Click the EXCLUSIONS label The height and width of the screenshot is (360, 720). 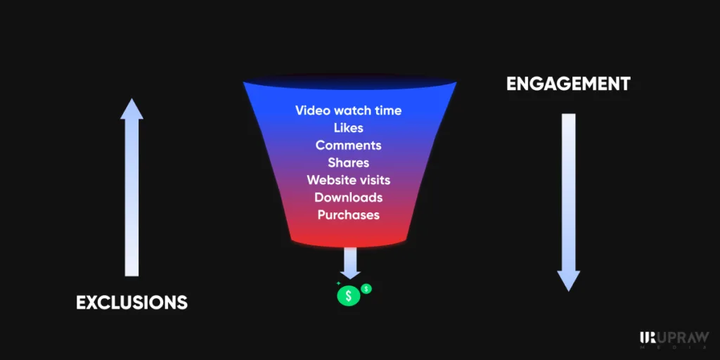131,302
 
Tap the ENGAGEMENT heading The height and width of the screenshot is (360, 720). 568,84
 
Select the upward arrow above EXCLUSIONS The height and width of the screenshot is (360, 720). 131,187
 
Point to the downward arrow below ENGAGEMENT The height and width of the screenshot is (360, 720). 568,202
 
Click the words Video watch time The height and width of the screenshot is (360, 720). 349,110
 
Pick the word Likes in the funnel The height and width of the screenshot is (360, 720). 349,128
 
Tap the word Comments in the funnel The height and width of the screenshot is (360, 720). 349,145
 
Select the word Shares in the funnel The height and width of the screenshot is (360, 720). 349,162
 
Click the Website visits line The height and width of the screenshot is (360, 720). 349,179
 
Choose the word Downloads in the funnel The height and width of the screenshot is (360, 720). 349,197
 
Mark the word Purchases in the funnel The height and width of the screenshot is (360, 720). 349,214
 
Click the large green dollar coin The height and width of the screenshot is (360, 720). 349,295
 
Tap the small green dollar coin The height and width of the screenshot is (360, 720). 366,289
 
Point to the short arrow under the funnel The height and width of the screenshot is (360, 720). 350,263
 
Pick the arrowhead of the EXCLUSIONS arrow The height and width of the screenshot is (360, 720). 131,109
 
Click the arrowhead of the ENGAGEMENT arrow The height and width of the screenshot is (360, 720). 568,281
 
